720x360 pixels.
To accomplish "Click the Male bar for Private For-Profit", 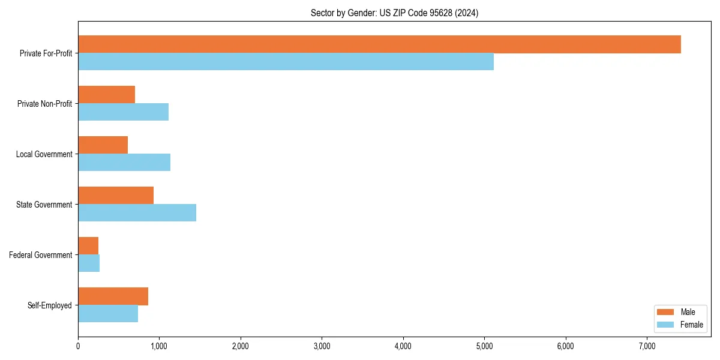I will click(x=379, y=44).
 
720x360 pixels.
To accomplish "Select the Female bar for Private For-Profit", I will click(x=286, y=62).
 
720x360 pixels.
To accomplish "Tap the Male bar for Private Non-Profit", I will click(x=106, y=95).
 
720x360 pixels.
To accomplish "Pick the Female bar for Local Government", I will click(x=124, y=163).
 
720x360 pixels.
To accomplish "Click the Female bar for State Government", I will click(x=137, y=213).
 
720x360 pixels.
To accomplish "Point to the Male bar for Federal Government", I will click(x=88, y=246).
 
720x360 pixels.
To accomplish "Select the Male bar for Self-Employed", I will click(x=113, y=296).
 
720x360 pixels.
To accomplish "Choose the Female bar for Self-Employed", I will click(x=108, y=314).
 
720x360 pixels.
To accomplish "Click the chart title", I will click(x=394, y=13).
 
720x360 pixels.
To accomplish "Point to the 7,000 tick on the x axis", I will click(x=647, y=346).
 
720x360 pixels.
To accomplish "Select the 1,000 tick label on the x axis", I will click(x=159, y=346).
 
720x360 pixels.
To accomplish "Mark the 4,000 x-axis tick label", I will click(x=403, y=346).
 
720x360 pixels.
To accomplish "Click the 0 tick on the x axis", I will click(x=78, y=346).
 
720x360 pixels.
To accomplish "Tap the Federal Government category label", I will click(x=41, y=255).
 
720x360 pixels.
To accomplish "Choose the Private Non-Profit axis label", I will click(x=44, y=104).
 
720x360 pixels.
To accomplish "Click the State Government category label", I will click(x=44, y=205).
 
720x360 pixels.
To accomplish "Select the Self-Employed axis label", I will click(x=49, y=305).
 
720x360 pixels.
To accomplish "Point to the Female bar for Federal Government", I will click(x=89, y=263).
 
